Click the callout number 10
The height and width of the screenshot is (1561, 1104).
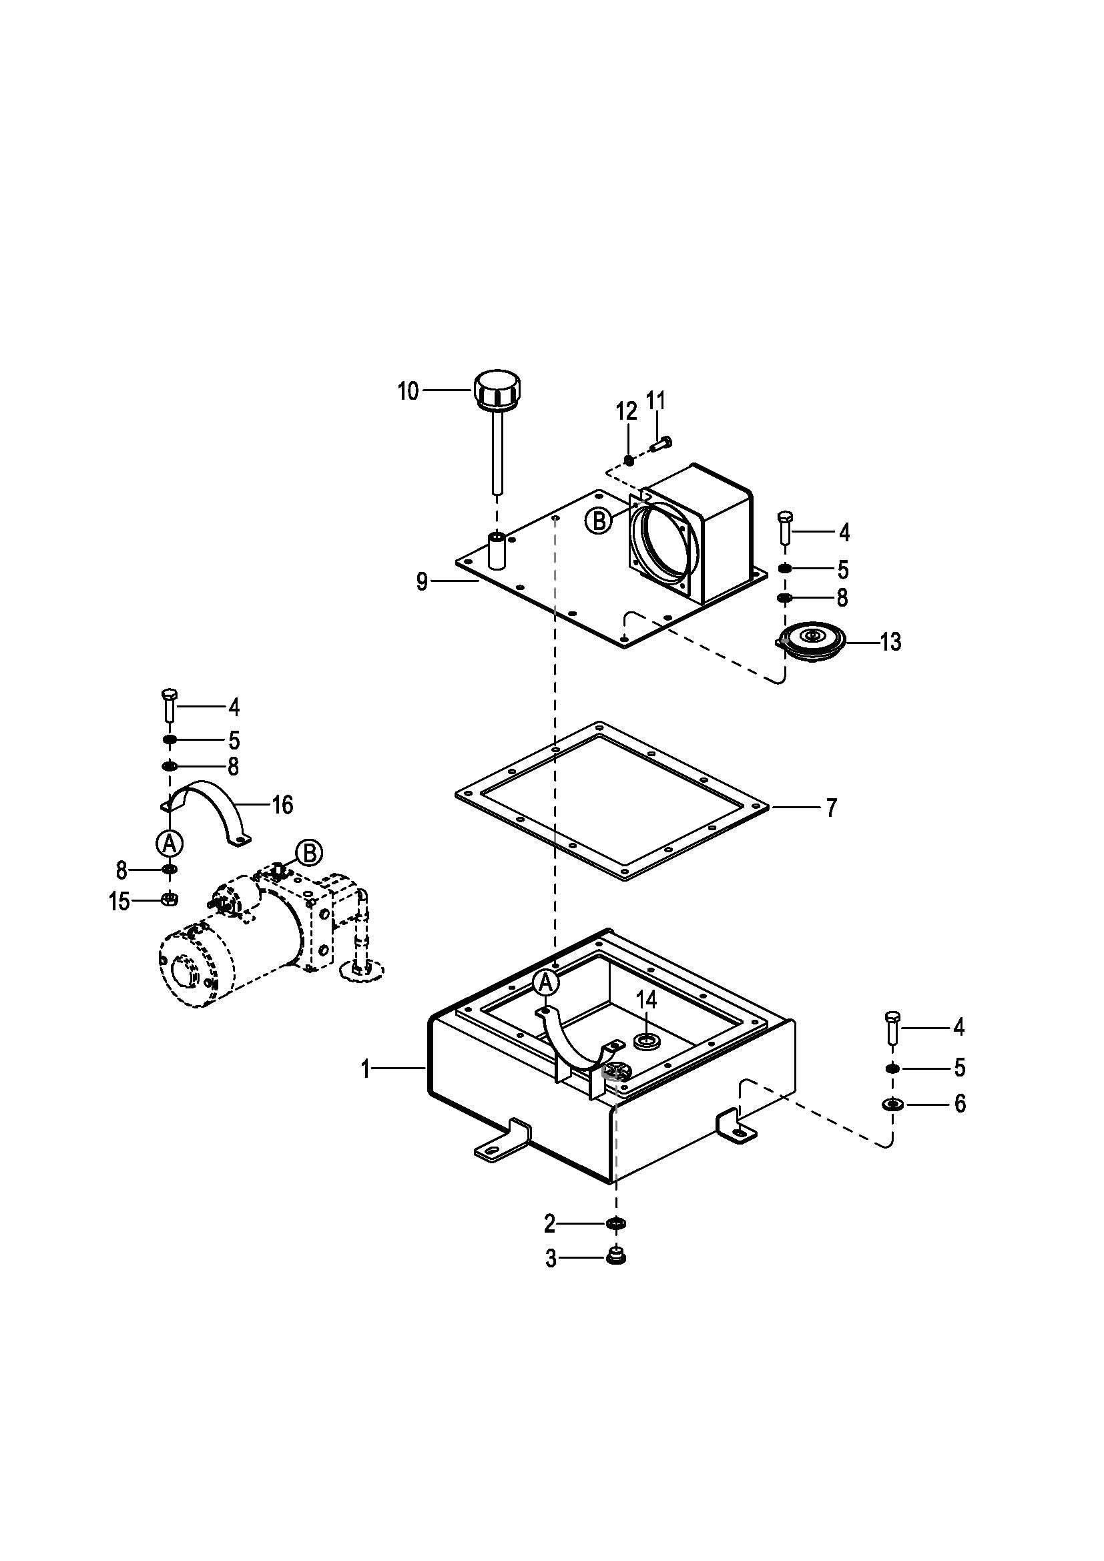click(408, 391)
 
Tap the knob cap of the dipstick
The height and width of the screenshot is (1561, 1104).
click(500, 390)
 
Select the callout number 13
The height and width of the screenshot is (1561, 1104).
click(890, 641)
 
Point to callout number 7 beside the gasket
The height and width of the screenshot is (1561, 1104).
click(832, 808)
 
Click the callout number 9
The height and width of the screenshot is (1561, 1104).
click(422, 582)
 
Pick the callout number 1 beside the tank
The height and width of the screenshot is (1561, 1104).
click(366, 1069)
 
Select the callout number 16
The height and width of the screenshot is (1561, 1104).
click(282, 805)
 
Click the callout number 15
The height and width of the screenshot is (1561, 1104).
click(119, 902)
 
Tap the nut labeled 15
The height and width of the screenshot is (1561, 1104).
click(170, 900)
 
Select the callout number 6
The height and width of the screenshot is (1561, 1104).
click(959, 1103)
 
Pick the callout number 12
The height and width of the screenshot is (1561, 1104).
click(627, 411)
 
